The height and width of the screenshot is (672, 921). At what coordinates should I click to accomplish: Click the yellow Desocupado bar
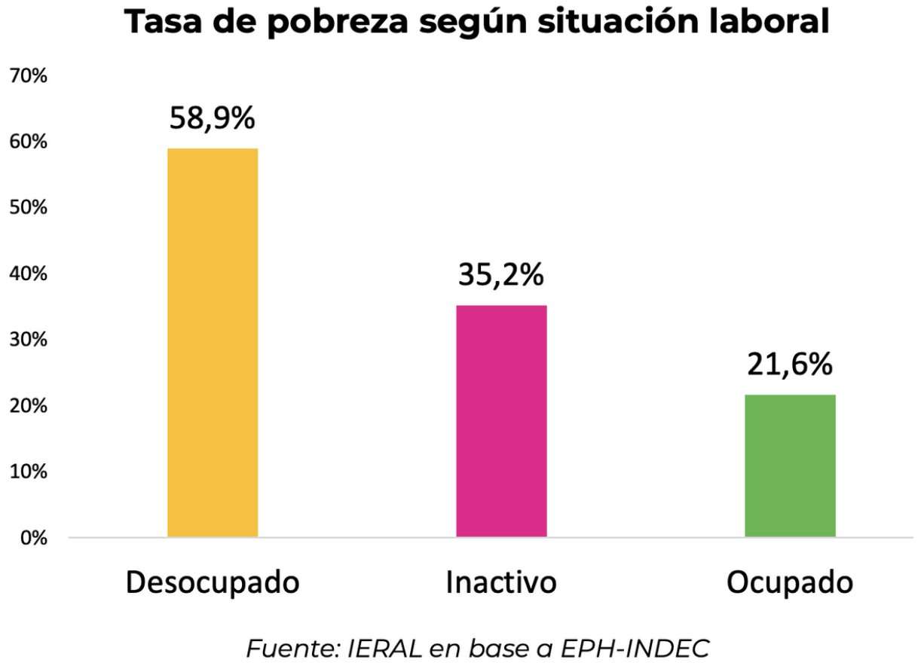213,343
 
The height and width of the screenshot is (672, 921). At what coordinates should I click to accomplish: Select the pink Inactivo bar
501,421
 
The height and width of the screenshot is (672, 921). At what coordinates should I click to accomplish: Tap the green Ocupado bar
790,466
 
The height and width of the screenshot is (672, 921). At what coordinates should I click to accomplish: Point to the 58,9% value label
213,119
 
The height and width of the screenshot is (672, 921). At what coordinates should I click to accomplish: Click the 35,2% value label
501,276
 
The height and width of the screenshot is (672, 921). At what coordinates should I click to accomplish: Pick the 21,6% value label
790,365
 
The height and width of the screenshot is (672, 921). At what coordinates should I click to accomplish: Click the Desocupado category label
213,585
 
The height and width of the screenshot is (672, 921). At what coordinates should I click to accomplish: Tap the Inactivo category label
501,584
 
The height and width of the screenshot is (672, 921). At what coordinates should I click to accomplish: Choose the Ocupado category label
790,585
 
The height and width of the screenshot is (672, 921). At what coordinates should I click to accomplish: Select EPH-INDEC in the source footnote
637,647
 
